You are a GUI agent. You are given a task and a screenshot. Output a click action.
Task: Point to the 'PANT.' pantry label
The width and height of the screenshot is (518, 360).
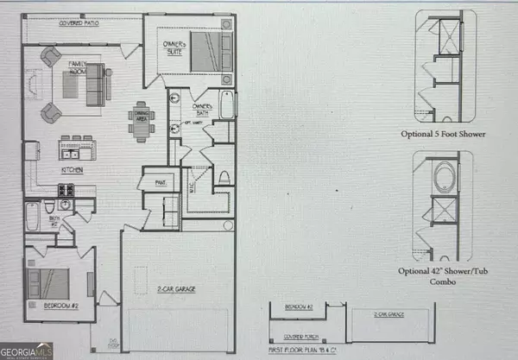(161, 182)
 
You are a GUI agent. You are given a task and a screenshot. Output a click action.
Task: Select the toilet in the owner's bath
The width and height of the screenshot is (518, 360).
(223, 178)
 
